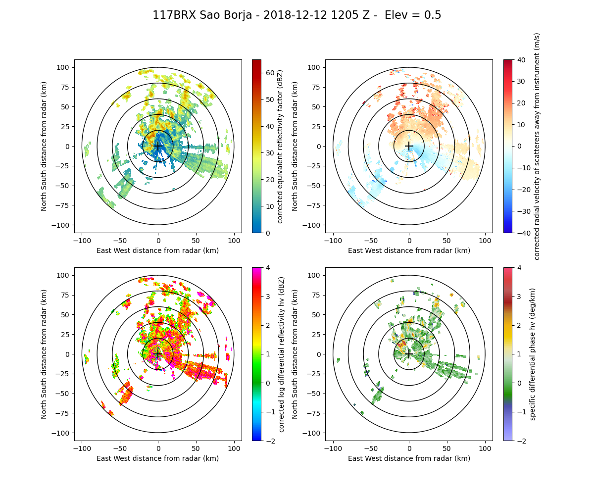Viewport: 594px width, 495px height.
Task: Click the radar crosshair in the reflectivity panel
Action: click(x=158, y=146)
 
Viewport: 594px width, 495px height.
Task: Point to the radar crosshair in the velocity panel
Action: click(x=409, y=146)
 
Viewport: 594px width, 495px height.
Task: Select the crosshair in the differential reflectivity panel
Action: click(x=158, y=354)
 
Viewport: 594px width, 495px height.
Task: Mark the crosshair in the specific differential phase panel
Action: click(x=409, y=354)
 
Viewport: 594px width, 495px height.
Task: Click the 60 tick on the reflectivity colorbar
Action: click(x=270, y=73)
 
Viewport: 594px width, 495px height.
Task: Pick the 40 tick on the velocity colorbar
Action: click(x=521, y=59)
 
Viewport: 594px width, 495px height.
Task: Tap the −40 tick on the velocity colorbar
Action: click(x=523, y=233)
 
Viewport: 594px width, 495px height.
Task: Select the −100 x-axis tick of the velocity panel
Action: click(x=333, y=240)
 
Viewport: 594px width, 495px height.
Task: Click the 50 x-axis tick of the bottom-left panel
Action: click(x=196, y=448)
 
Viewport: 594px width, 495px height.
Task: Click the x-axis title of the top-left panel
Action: click(x=158, y=250)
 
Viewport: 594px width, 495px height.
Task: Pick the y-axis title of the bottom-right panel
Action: click(x=295, y=354)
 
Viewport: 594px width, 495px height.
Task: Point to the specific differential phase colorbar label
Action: click(x=533, y=354)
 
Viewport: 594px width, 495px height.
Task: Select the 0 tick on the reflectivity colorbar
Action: click(x=268, y=233)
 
